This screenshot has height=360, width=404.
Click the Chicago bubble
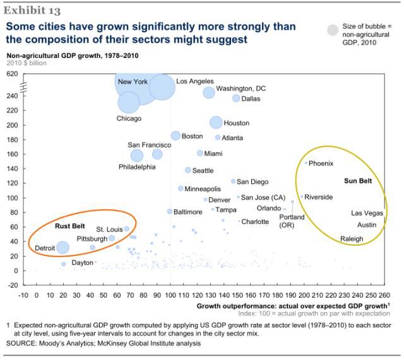point(129,102)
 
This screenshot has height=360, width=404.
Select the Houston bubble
point(216,122)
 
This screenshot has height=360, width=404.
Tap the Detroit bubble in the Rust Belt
point(62,248)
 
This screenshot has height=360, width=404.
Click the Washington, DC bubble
point(209,92)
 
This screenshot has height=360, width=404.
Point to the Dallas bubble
point(236,98)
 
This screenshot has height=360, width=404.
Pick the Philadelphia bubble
point(137,155)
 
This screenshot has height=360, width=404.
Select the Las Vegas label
point(367,213)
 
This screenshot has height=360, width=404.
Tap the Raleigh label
point(352,239)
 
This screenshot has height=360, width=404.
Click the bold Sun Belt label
point(358,181)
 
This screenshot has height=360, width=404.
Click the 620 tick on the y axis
point(12,74)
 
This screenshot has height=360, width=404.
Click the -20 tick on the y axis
point(12,285)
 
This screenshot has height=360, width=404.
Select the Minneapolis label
point(203,189)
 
